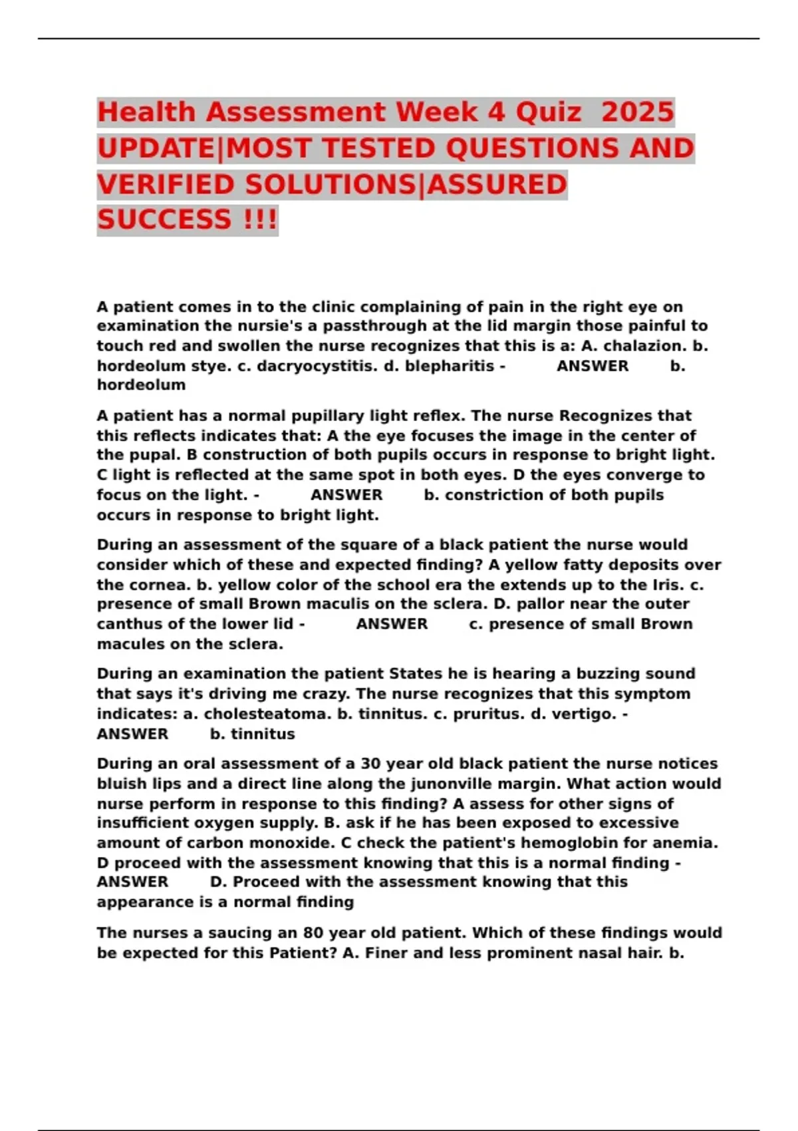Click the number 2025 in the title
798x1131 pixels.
click(637, 112)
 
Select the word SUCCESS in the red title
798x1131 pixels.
click(164, 220)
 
